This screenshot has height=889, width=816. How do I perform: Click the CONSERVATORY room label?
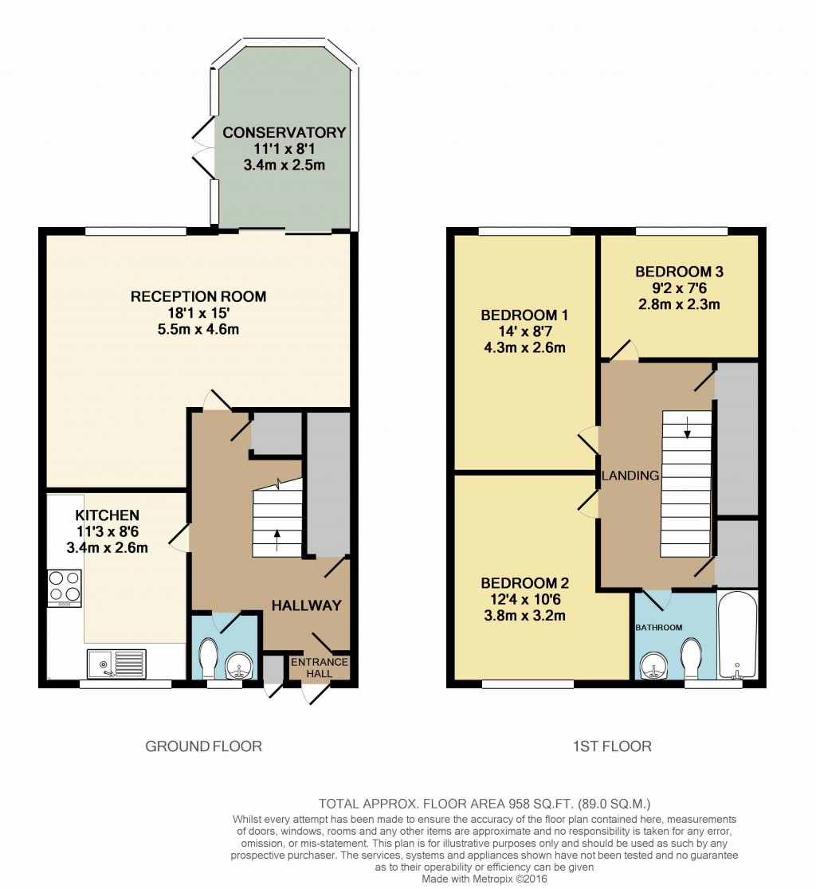284,132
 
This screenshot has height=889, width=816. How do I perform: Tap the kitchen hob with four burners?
64,587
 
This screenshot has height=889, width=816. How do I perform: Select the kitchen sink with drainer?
117,663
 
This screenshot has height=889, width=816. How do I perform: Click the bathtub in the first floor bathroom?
737,635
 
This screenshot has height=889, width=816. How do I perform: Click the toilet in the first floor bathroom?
690,659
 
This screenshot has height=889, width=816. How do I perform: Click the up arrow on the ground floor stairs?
277,535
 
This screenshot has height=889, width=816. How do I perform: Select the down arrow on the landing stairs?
687,430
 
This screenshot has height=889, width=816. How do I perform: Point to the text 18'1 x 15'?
198,314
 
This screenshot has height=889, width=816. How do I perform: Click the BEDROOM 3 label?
679,272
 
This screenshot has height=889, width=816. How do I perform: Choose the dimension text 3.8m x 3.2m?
524,615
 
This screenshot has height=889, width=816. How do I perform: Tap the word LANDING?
630,476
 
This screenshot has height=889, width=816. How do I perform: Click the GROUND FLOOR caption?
203,746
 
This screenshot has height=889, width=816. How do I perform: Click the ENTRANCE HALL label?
319,668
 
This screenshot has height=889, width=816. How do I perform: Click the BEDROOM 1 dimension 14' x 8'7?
524,331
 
